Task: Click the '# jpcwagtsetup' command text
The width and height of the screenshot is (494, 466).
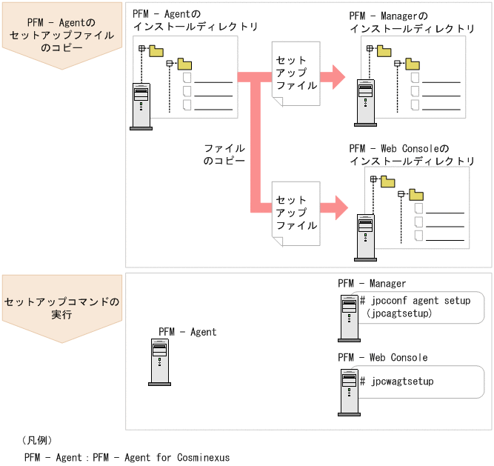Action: coord(397,382)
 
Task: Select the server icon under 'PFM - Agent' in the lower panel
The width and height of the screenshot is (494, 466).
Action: coord(158,363)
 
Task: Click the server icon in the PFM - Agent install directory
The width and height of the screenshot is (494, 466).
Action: coord(141,107)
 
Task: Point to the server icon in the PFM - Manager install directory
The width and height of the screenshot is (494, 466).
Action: coord(364,100)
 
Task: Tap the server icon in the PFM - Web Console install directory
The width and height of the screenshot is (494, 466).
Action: coord(365,236)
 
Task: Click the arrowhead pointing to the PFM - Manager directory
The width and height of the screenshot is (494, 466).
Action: coord(338,76)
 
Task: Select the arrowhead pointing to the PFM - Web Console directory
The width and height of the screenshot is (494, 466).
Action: coord(338,207)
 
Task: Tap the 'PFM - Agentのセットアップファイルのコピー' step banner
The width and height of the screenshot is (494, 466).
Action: coord(62,35)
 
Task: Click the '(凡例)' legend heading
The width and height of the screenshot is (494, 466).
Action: coord(37,440)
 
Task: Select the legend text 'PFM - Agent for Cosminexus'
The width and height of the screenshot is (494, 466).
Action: coord(161,457)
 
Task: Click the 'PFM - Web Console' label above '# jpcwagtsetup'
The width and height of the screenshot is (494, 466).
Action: coord(383,358)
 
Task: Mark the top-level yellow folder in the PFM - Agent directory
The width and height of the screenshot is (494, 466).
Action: coord(156,50)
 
